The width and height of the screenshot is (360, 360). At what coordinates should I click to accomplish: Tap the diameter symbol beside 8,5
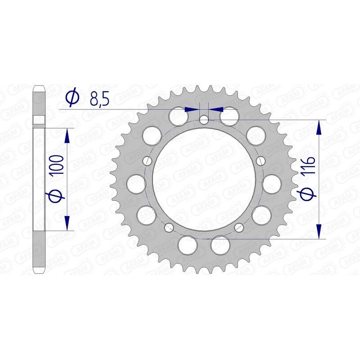tap(72, 97)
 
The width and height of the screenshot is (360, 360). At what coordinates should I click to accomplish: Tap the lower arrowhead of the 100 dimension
tap(67, 224)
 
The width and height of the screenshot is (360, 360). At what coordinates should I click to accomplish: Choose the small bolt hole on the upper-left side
tap(147, 160)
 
